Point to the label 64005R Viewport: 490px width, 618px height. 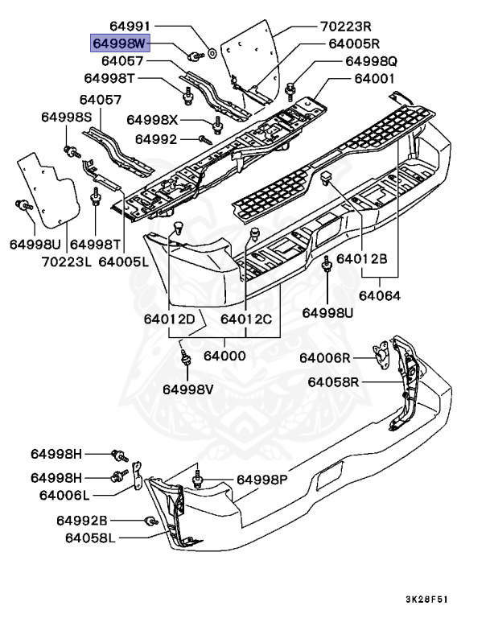353,43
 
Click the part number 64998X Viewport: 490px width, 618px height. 151,120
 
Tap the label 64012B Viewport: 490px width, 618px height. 362,259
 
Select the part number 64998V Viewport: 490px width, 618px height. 188,389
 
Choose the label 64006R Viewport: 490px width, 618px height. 327,357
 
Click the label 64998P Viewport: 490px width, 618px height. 261,480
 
